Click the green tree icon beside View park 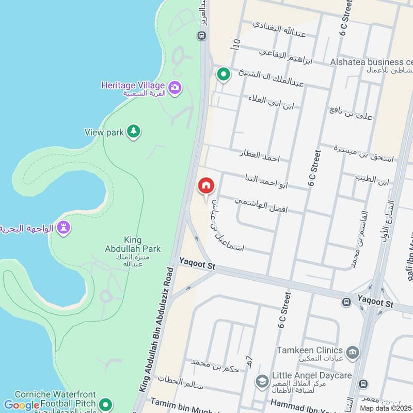(134, 132)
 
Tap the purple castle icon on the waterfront (63, 227)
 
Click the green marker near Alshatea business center (223, 75)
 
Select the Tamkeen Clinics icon (353, 353)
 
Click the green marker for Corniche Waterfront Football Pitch (106, 404)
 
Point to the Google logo (22, 405)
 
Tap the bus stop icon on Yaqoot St (346, 301)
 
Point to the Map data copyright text (386, 408)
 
